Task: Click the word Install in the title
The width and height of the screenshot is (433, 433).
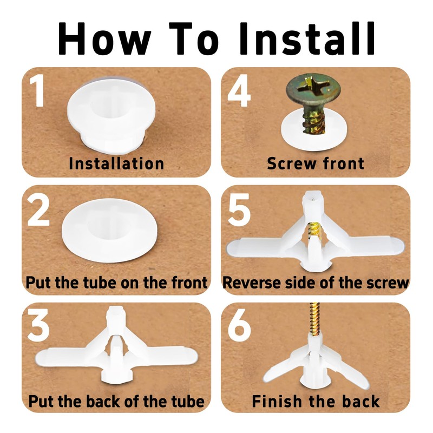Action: [x=307, y=38]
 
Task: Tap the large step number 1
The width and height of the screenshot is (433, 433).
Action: [x=37, y=90]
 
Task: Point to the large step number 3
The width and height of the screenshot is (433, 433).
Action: [x=38, y=325]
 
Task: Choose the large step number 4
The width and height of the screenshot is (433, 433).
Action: [x=239, y=90]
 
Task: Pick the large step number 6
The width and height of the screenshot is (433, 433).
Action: [x=239, y=325]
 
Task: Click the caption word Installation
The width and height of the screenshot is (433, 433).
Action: [x=116, y=163]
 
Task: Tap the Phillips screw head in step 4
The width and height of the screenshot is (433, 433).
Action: [x=314, y=89]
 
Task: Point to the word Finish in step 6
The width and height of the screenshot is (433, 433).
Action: [x=277, y=401]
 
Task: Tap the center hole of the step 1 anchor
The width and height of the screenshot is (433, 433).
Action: [x=109, y=110]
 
